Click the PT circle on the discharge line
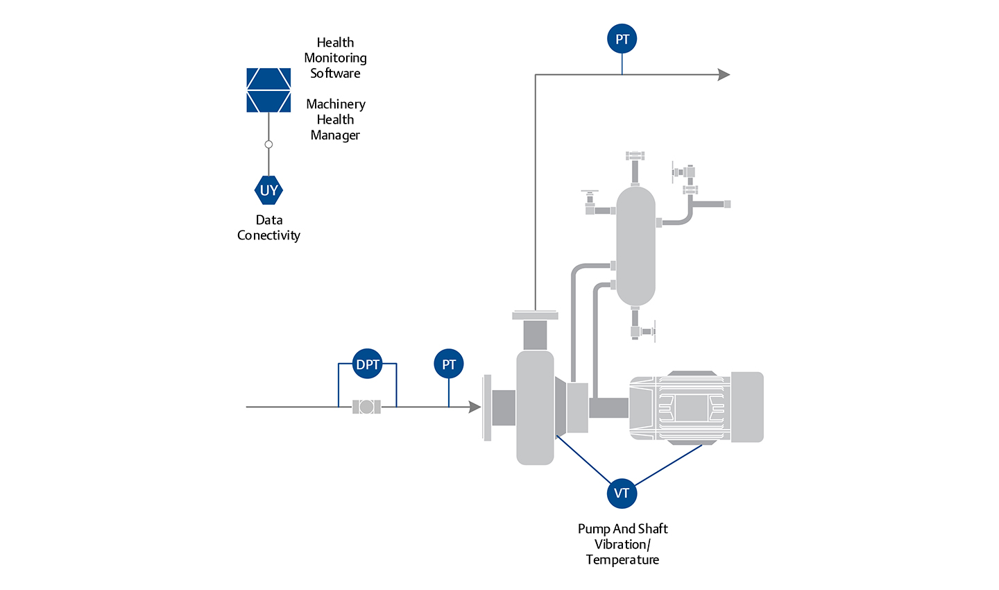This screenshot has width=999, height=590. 622,40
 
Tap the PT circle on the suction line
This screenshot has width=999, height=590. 449,364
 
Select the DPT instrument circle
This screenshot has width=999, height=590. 368,364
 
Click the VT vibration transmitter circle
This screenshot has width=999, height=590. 622,494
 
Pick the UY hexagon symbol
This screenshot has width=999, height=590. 268,190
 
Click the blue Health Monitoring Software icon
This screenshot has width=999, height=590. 268,90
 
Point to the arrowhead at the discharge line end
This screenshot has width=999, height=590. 724,75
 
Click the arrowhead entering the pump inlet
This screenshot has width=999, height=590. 475,407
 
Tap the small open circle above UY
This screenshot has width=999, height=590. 268,144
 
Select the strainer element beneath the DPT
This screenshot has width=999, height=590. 366,407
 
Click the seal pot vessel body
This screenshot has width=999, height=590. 635,246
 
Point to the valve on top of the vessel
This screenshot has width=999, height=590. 635,155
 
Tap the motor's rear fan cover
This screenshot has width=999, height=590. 747,407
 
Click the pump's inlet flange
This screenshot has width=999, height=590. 487,407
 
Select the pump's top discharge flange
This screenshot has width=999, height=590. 535,316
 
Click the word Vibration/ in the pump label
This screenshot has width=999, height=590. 622,544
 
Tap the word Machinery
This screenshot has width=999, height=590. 336,104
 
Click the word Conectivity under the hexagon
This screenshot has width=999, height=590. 268,235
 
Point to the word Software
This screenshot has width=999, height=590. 335,74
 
